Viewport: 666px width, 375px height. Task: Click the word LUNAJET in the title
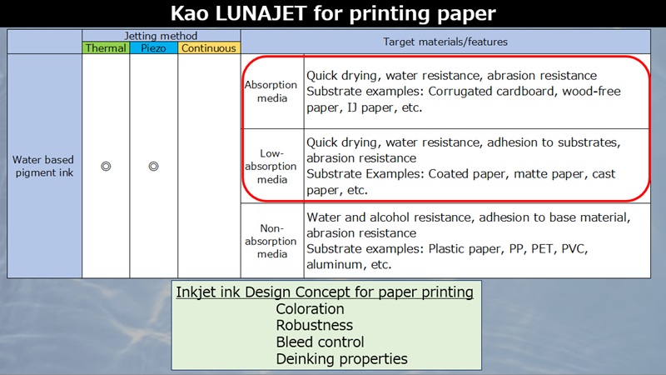coord(261,13)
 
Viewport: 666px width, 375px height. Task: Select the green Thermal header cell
coord(106,48)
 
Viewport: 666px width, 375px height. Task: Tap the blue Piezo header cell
coord(153,48)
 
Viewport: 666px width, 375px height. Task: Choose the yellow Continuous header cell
coord(209,48)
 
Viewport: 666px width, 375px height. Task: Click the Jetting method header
coord(161,36)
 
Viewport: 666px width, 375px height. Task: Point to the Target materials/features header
coord(445,42)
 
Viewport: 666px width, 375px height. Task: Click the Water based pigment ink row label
coord(43,166)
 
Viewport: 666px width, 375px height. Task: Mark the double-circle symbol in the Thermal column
coord(106,166)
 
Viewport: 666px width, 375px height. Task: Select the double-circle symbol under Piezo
coord(153,166)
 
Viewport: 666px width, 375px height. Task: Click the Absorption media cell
coord(271,92)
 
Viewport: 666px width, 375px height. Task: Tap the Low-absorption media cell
coord(271,166)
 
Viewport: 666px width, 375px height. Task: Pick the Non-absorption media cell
coord(271,241)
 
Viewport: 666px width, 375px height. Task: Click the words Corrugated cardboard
coord(492,92)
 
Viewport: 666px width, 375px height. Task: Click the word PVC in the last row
coord(574,248)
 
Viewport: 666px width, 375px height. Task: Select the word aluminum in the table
coord(335,264)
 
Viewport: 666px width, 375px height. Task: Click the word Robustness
coord(315,325)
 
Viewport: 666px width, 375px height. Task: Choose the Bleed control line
coord(320,342)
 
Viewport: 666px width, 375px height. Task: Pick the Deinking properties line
coord(342,359)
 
